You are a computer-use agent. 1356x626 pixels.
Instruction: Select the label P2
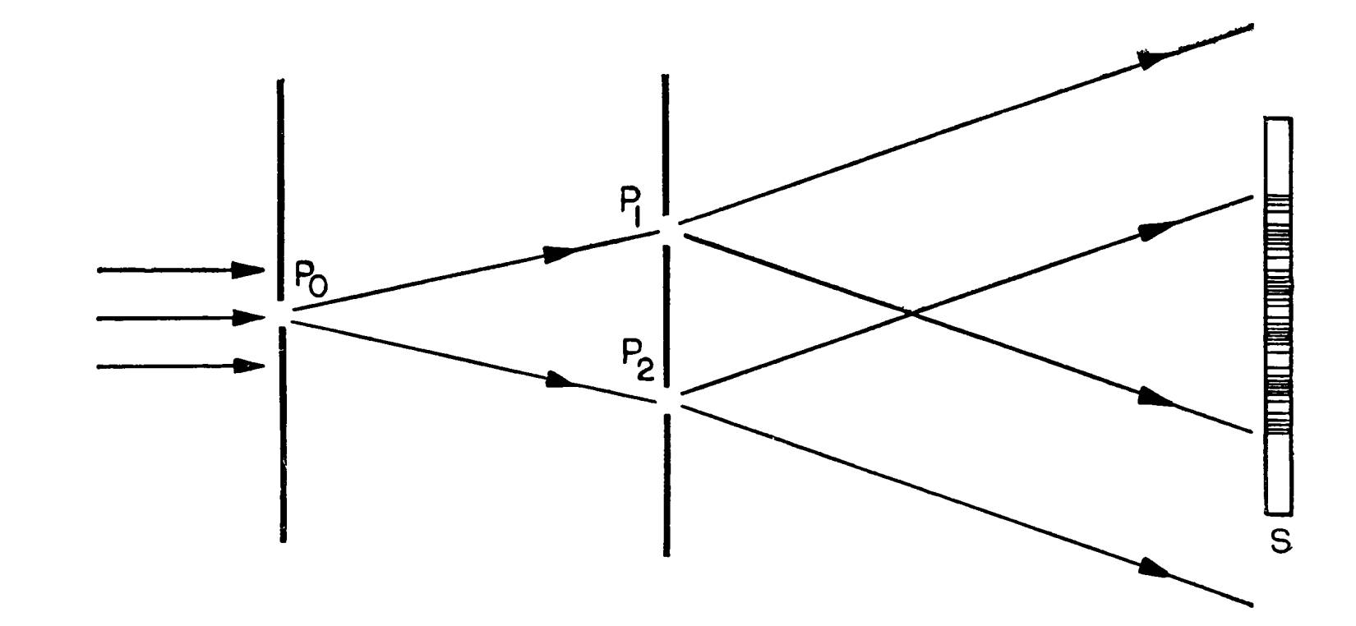(x=638, y=361)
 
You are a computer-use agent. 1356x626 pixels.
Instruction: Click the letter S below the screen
(x=1280, y=541)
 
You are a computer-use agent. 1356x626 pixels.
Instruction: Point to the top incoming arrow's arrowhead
(x=248, y=269)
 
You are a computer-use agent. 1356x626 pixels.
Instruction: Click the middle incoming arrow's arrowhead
(x=248, y=318)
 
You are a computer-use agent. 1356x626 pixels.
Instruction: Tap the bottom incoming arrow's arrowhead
(x=248, y=366)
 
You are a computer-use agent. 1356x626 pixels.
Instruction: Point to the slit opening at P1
(x=665, y=229)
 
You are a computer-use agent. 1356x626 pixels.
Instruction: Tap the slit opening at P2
(x=665, y=400)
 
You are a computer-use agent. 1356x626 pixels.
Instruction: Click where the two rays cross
(x=911, y=312)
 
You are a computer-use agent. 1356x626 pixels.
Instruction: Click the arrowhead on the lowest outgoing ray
(x=1155, y=568)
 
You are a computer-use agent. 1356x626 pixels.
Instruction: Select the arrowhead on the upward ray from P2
(x=1156, y=230)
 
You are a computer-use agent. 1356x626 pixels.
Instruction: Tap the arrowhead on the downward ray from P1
(x=1156, y=399)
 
